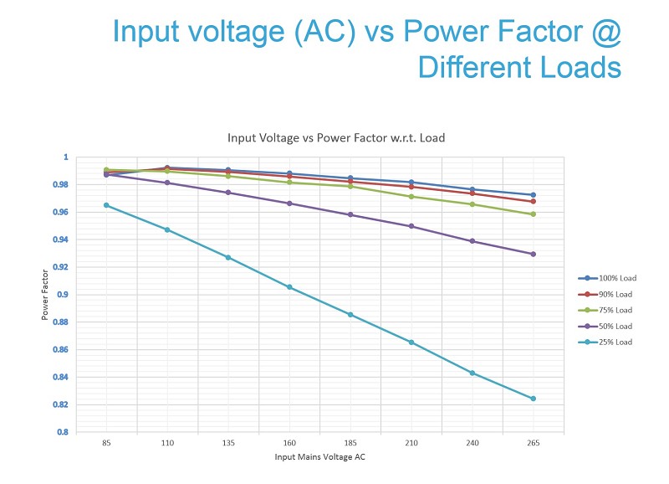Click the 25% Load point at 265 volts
(533, 399)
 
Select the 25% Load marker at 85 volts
(106, 205)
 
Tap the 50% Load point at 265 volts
(533, 255)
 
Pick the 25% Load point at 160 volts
(289, 287)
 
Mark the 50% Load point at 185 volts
(350, 215)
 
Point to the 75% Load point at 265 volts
(533, 214)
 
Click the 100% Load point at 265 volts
(533, 195)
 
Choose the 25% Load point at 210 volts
(411, 342)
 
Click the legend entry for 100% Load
(607, 278)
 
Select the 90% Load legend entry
(605, 294)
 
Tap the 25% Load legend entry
(605, 342)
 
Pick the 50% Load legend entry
(605, 327)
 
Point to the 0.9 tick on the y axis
(63, 294)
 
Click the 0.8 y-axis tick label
(63, 432)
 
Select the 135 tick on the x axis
(228, 443)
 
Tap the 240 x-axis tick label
(472, 443)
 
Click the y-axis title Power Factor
(45, 295)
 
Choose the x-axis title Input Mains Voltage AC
(320, 457)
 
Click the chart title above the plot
(336, 138)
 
